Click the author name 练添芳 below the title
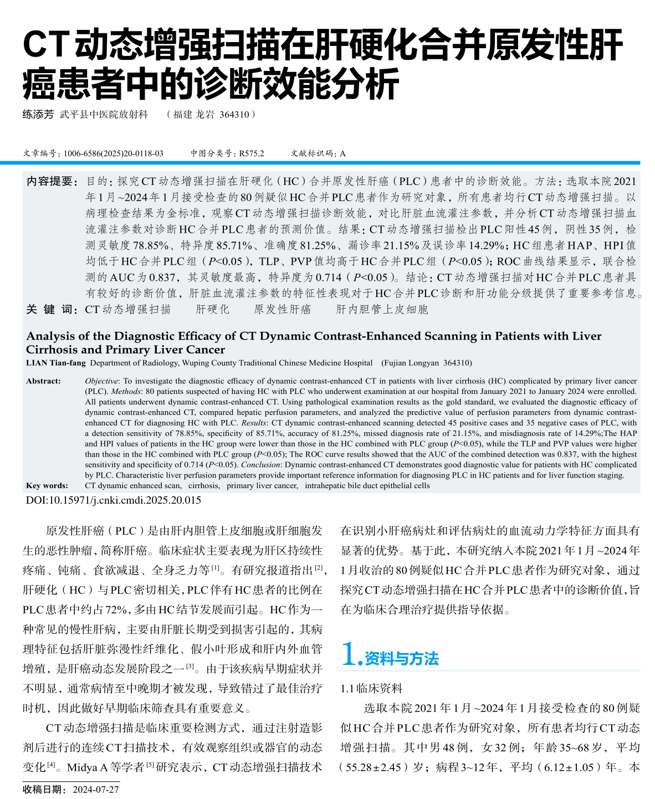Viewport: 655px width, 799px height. click(x=38, y=115)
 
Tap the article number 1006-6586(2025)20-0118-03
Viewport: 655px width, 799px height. click(x=113, y=153)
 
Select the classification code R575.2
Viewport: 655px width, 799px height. click(x=252, y=153)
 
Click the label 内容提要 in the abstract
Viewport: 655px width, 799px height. click(x=51, y=182)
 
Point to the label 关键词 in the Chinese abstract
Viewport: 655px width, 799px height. click(x=51, y=309)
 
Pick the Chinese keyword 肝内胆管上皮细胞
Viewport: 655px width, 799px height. click(x=382, y=309)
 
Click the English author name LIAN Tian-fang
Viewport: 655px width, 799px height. click(x=56, y=363)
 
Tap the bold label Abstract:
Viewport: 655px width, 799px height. click(x=43, y=381)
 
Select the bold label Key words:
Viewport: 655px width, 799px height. click(x=47, y=485)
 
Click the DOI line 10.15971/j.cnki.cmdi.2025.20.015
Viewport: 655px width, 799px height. click(x=114, y=500)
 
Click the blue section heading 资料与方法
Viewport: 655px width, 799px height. click(x=401, y=659)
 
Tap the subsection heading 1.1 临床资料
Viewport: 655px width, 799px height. click(x=371, y=689)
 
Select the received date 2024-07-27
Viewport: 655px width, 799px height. click(x=95, y=790)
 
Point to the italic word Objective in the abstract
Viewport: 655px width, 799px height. click(x=101, y=381)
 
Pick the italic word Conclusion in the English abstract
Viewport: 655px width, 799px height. click(x=260, y=465)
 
